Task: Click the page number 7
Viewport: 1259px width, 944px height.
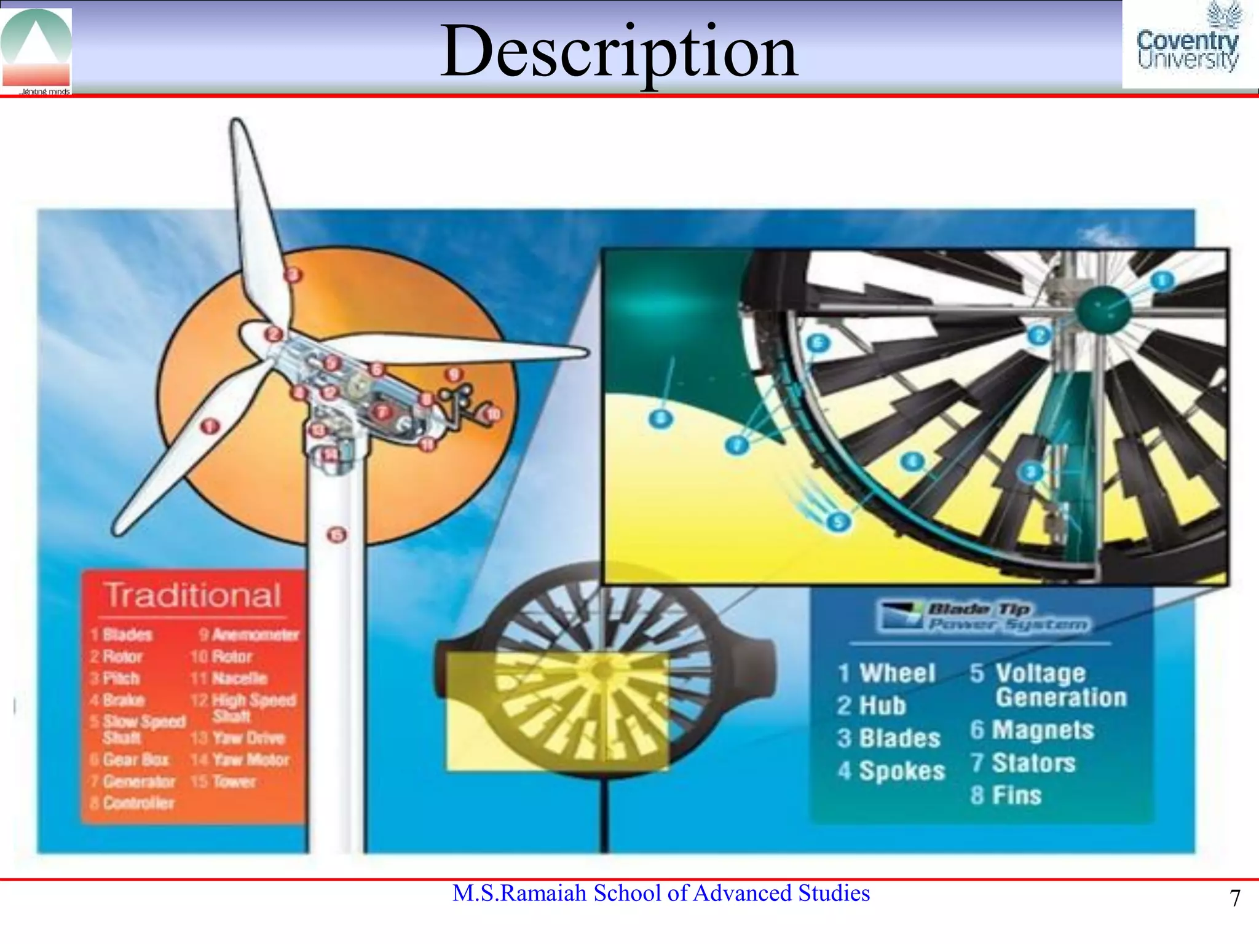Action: [x=1234, y=899]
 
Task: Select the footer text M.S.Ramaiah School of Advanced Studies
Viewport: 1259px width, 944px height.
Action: [x=661, y=893]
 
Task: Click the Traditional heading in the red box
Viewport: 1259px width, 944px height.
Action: [x=193, y=595]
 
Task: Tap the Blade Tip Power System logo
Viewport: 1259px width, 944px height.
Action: [x=984, y=616]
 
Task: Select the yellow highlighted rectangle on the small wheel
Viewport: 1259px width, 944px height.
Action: [x=556, y=711]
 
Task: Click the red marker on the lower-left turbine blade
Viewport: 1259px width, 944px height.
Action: [x=210, y=425]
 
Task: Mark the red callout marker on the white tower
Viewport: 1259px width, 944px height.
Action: [x=337, y=535]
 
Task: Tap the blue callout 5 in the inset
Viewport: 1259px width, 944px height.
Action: [x=837, y=522]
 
